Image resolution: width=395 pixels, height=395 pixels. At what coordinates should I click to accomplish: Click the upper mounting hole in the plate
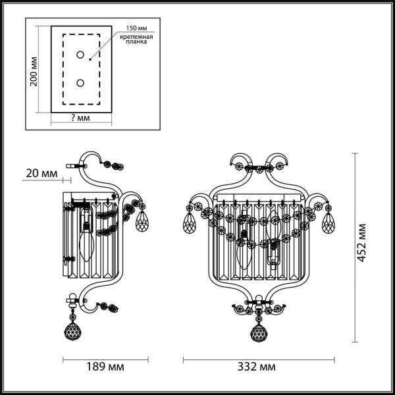click(x=80, y=55)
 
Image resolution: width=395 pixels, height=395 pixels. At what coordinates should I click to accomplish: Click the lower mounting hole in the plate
click(x=80, y=82)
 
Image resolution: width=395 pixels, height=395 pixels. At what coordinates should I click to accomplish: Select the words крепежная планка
click(x=136, y=41)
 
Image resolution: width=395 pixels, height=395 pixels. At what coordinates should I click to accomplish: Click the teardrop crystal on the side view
click(x=142, y=222)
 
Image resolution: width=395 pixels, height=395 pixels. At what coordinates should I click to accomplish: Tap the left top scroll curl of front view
click(x=238, y=161)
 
